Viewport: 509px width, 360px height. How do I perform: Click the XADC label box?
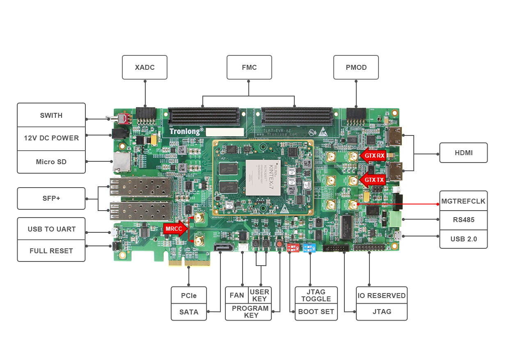click(x=144, y=67)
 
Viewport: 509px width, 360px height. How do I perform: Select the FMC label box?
click(x=249, y=67)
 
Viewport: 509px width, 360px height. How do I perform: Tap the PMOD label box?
click(x=356, y=67)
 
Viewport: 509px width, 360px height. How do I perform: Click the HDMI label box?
click(x=463, y=153)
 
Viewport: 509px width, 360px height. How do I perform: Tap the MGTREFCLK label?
click(x=463, y=201)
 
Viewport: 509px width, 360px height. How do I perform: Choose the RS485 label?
click(x=463, y=220)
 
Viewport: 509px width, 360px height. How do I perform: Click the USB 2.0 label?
click(x=463, y=238)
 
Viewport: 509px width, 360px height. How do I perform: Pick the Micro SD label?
click(x=51, y=162)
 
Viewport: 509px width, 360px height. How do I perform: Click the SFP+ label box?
click(x=51, y=198)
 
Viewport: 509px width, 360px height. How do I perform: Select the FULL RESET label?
click(x=51, y=251)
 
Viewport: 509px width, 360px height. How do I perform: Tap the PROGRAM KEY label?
click(x=250, y=312)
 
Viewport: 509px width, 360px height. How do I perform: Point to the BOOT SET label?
click(x=316, y=312)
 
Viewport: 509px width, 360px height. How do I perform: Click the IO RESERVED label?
click(x=382, y=296)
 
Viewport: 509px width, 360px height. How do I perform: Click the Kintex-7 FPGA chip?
click(x=263, y=177)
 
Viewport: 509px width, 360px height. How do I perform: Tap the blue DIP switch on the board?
click(x=309, y=248)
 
